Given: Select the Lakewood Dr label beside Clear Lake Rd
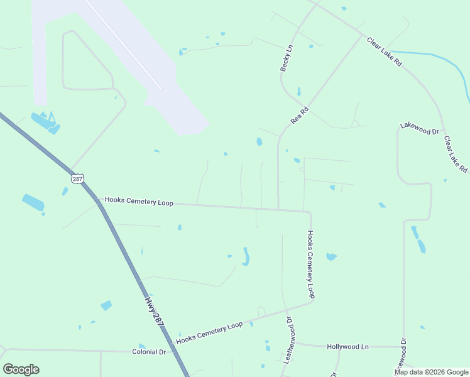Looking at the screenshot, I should tap(419, 129).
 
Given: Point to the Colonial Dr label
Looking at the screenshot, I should tap(149, 352).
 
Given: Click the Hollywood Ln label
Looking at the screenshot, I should tap(347, 347).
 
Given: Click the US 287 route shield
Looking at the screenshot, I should tap(77, 179).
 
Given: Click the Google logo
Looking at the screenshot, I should tap(21, 369).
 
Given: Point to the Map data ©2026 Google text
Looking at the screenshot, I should tap(431, 372).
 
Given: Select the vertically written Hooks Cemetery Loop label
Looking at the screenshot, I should tap(310, 264).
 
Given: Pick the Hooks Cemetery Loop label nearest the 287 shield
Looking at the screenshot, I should tap(139, 201).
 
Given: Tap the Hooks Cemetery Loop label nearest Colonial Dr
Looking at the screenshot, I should tap(209, 332).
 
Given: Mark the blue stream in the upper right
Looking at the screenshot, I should tap(440, 60).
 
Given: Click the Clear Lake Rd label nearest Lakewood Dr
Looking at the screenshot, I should tap(456, 155).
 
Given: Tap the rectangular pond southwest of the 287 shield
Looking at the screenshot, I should tap(33, 202).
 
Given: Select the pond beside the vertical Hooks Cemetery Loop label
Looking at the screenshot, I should tap(331, 256).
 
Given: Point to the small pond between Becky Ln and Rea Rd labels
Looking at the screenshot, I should tap(298, 92).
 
